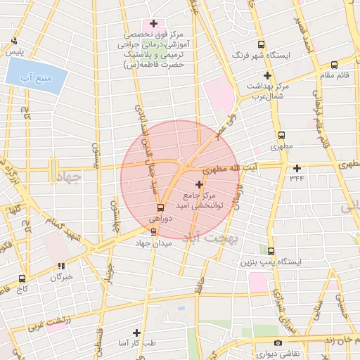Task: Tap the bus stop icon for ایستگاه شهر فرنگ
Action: click(262, 44)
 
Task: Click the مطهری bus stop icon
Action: click(282, 135)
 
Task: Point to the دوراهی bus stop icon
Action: click(160, 207)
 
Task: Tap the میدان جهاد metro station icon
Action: click(154, 231)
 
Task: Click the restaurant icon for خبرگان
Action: click(61, 266)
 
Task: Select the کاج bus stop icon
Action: click(22, 278)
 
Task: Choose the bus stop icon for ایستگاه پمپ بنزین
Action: click(271, 250)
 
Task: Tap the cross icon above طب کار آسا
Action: click(136, 332)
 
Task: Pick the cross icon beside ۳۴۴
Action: click(297, 168)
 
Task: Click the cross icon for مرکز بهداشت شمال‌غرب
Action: click(266, 75)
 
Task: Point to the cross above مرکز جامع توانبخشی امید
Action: click(199, 184)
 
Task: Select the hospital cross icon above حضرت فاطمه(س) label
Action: click(153, 23)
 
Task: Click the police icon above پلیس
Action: click(15, 41)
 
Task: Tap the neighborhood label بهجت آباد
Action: click(212, 238)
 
